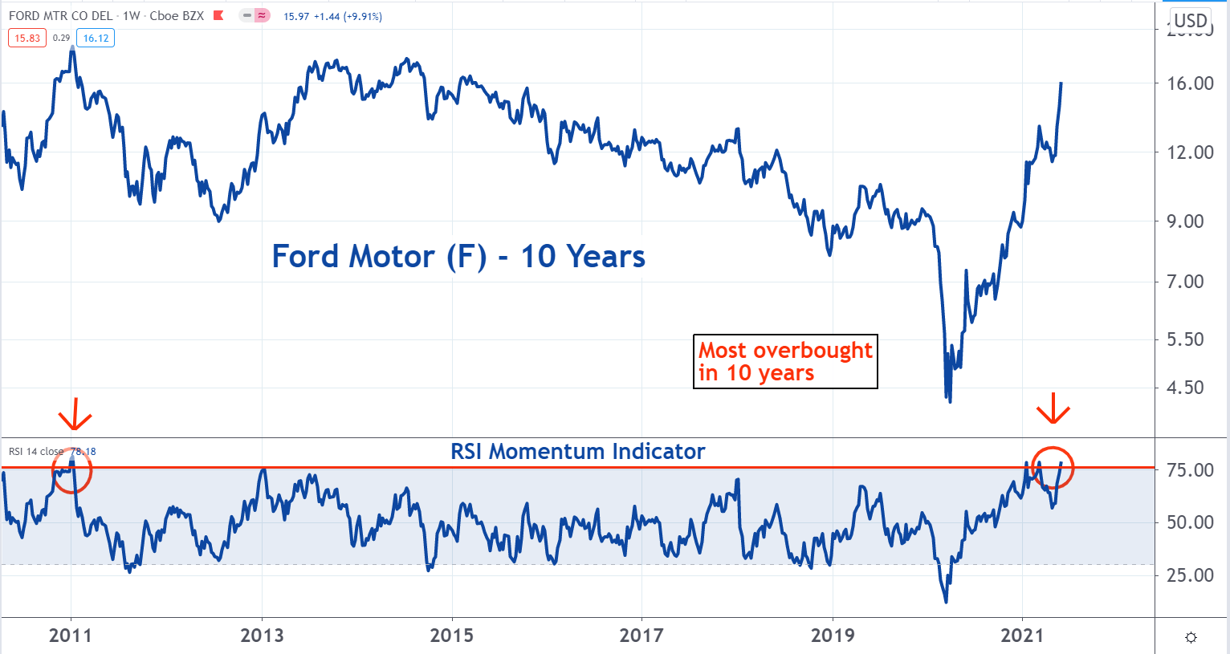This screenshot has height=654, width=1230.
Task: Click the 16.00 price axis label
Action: coord(1190,83)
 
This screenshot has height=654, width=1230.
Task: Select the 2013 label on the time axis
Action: coord(262,636)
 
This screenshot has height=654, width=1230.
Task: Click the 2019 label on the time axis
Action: coord(833,636)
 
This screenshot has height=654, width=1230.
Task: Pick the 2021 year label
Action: coord(1022,636)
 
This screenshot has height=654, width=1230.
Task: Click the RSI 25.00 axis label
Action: coord(1190,575)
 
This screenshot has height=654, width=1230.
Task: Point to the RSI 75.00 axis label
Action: coord(1190,470)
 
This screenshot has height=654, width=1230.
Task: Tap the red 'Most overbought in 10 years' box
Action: coord(784,362)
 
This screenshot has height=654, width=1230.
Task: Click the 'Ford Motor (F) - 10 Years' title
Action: coord(458,257)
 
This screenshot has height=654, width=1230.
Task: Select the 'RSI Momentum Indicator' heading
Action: coord(577,452)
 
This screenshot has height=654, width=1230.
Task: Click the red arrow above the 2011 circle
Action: coord(75,415)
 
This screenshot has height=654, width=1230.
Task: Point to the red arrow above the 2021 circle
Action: coord(1053,412)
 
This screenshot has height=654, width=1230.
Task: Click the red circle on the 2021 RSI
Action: coord(1053,469)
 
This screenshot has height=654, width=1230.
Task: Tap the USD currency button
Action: coord(1191,21)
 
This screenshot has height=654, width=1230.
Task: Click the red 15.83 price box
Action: coord(27,38)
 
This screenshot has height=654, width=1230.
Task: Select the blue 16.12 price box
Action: coord(96,38)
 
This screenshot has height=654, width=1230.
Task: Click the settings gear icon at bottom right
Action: coord(1191,637)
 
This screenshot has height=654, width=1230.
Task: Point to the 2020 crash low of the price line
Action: coord(950,400)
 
